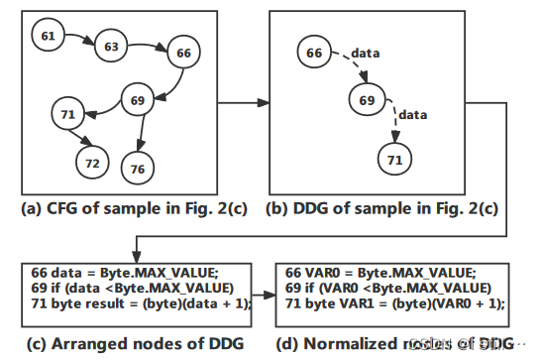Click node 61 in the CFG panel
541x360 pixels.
(x=48, y=37)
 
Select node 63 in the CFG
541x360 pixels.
(x=111, y=46)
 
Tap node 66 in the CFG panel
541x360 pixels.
(x=182, y=53)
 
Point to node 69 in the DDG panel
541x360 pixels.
(x=367, y=102)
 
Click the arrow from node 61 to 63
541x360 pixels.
(x=79, y=40)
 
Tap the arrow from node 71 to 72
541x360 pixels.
(x=83, y=139)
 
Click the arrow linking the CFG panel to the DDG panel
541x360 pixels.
(x=243, y=102)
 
